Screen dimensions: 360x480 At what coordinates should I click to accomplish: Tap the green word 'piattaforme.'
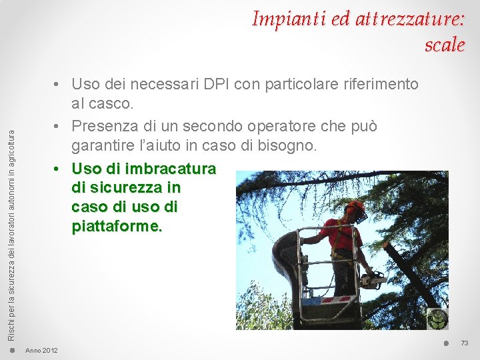117,227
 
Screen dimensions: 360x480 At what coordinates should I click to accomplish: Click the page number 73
465,343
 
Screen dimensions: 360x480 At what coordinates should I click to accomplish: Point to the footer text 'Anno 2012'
41,351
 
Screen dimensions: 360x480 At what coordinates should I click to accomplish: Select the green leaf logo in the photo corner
437,319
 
